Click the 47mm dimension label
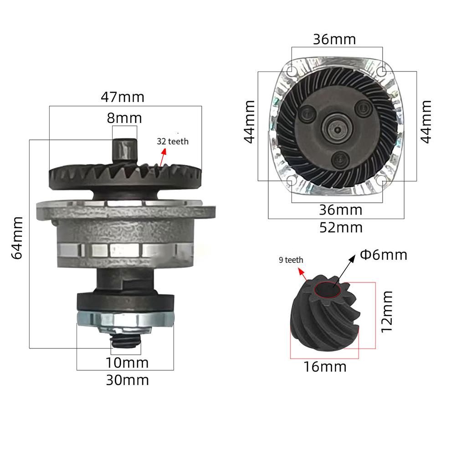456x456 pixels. tap(123, 97)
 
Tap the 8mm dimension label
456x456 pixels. tap(124, 118)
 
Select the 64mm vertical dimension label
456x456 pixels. tap(17, 238)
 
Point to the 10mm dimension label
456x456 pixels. tap(127, 363)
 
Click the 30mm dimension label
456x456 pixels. tap(128, 380)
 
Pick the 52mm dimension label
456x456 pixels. tap(341, 228)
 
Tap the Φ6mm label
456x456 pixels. tap(384, 255)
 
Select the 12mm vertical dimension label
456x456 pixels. tap(387, 312)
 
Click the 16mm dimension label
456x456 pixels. tap(325, 367)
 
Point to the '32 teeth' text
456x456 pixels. tap(173, 142)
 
